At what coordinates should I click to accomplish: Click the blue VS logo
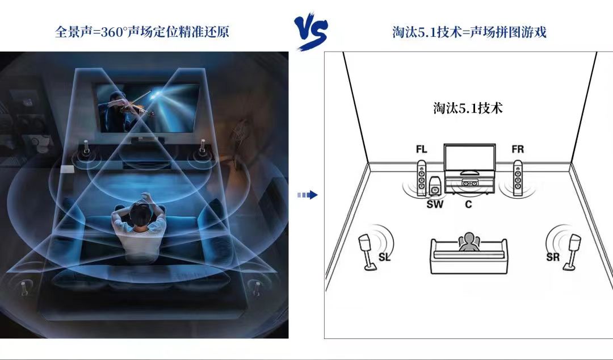tap(310, 32)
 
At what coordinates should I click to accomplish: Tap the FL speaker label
tap(421, 149)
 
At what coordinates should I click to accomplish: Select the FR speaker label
tap(518, 149)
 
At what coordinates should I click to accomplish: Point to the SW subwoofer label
tap(435, 204)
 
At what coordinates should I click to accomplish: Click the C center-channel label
tap(468, 204)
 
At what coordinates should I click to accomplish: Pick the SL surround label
tap(385, 257)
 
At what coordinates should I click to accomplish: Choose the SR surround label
tap(553, 257)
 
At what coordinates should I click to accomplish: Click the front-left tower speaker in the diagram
tap(421, 178)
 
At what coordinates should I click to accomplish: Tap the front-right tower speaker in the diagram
tap(518, 178)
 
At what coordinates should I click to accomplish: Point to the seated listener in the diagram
tap(469, 242)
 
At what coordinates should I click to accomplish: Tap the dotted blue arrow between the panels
tap(307, 195)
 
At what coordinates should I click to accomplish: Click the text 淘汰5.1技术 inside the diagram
tap(468, 108)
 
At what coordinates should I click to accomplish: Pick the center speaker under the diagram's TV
tap(469, 183)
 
